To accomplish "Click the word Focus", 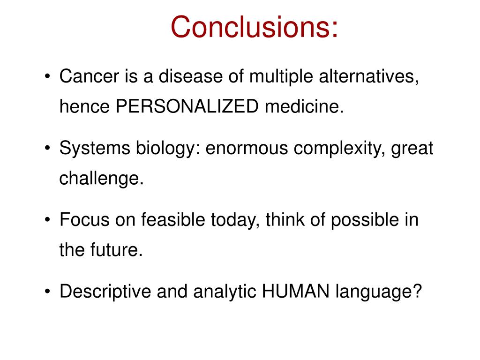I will click(x=81, y=220).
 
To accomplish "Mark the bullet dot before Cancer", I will click(x=49, y=77).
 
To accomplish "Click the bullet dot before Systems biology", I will click(x=49, y=150).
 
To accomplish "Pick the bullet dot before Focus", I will click(x=49, y=221).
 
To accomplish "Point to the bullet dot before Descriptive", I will click(x=49, y=292).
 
